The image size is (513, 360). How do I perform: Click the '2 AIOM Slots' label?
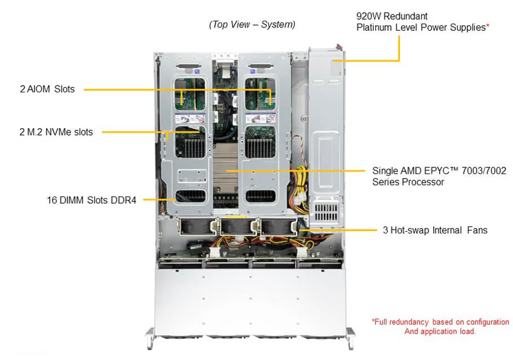click(x=47, y=89)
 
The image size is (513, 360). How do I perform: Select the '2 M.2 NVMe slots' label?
click(x=55, y=132)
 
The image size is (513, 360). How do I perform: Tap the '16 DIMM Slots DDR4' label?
click(x=92, y=199)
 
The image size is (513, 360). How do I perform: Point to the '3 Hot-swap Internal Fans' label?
click(x=435, y=230)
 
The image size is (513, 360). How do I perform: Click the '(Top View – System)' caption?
click(x=252, y=25)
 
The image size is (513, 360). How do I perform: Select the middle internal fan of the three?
click(x=235, y=227)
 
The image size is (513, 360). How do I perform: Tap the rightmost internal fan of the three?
click(x=278, y=227)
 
